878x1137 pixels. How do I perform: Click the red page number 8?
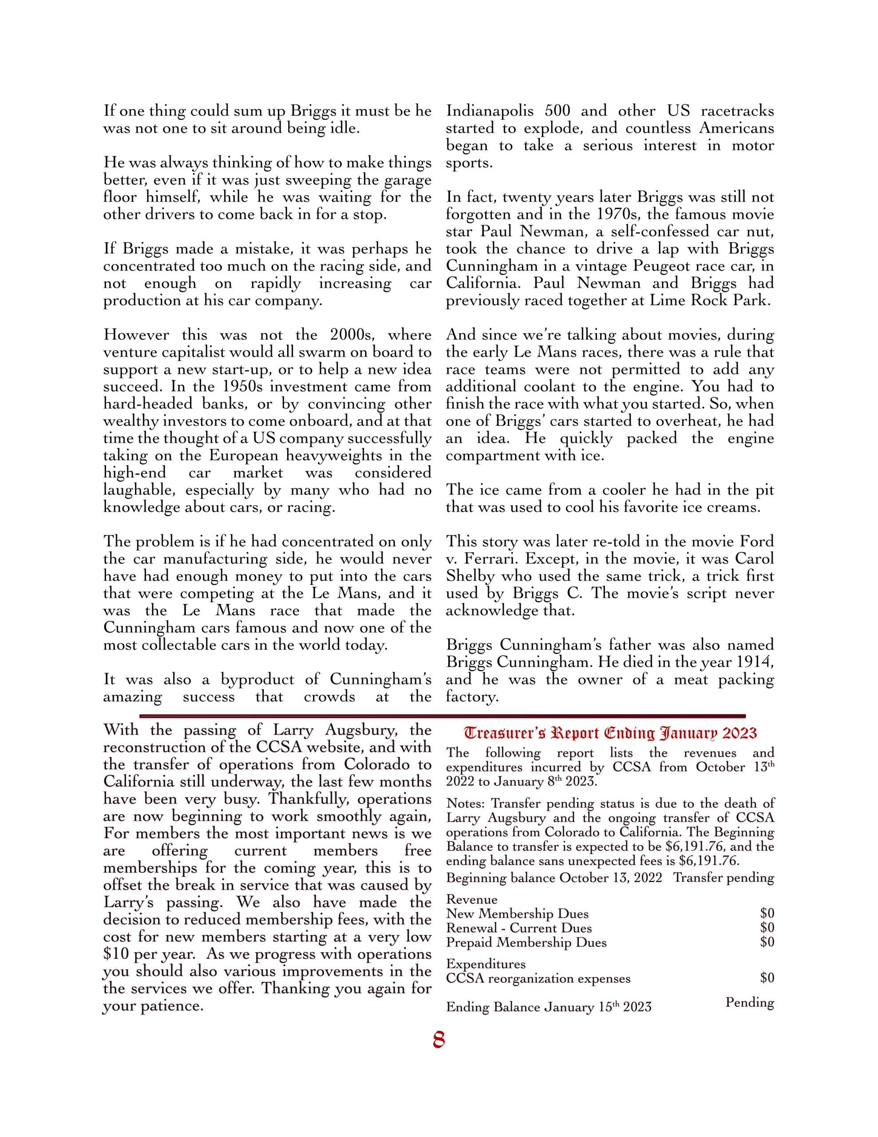(438, 1040)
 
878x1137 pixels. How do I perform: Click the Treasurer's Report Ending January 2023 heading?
(610, 733)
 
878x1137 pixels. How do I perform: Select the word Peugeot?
(664, 266)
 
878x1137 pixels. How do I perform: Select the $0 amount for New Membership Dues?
(767, 913)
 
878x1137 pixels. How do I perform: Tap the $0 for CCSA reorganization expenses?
(767, 978)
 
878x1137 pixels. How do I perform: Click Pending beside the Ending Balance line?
(749, 1002)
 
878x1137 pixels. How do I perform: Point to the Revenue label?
(471, 899)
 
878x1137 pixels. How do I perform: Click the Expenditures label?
(486, 964)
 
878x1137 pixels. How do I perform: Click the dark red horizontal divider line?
(443, 716)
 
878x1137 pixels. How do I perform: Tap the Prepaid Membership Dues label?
(526, 942)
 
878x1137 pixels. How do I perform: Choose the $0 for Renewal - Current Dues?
(767, 928)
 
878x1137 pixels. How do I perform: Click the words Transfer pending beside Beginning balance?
(724, 878)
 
